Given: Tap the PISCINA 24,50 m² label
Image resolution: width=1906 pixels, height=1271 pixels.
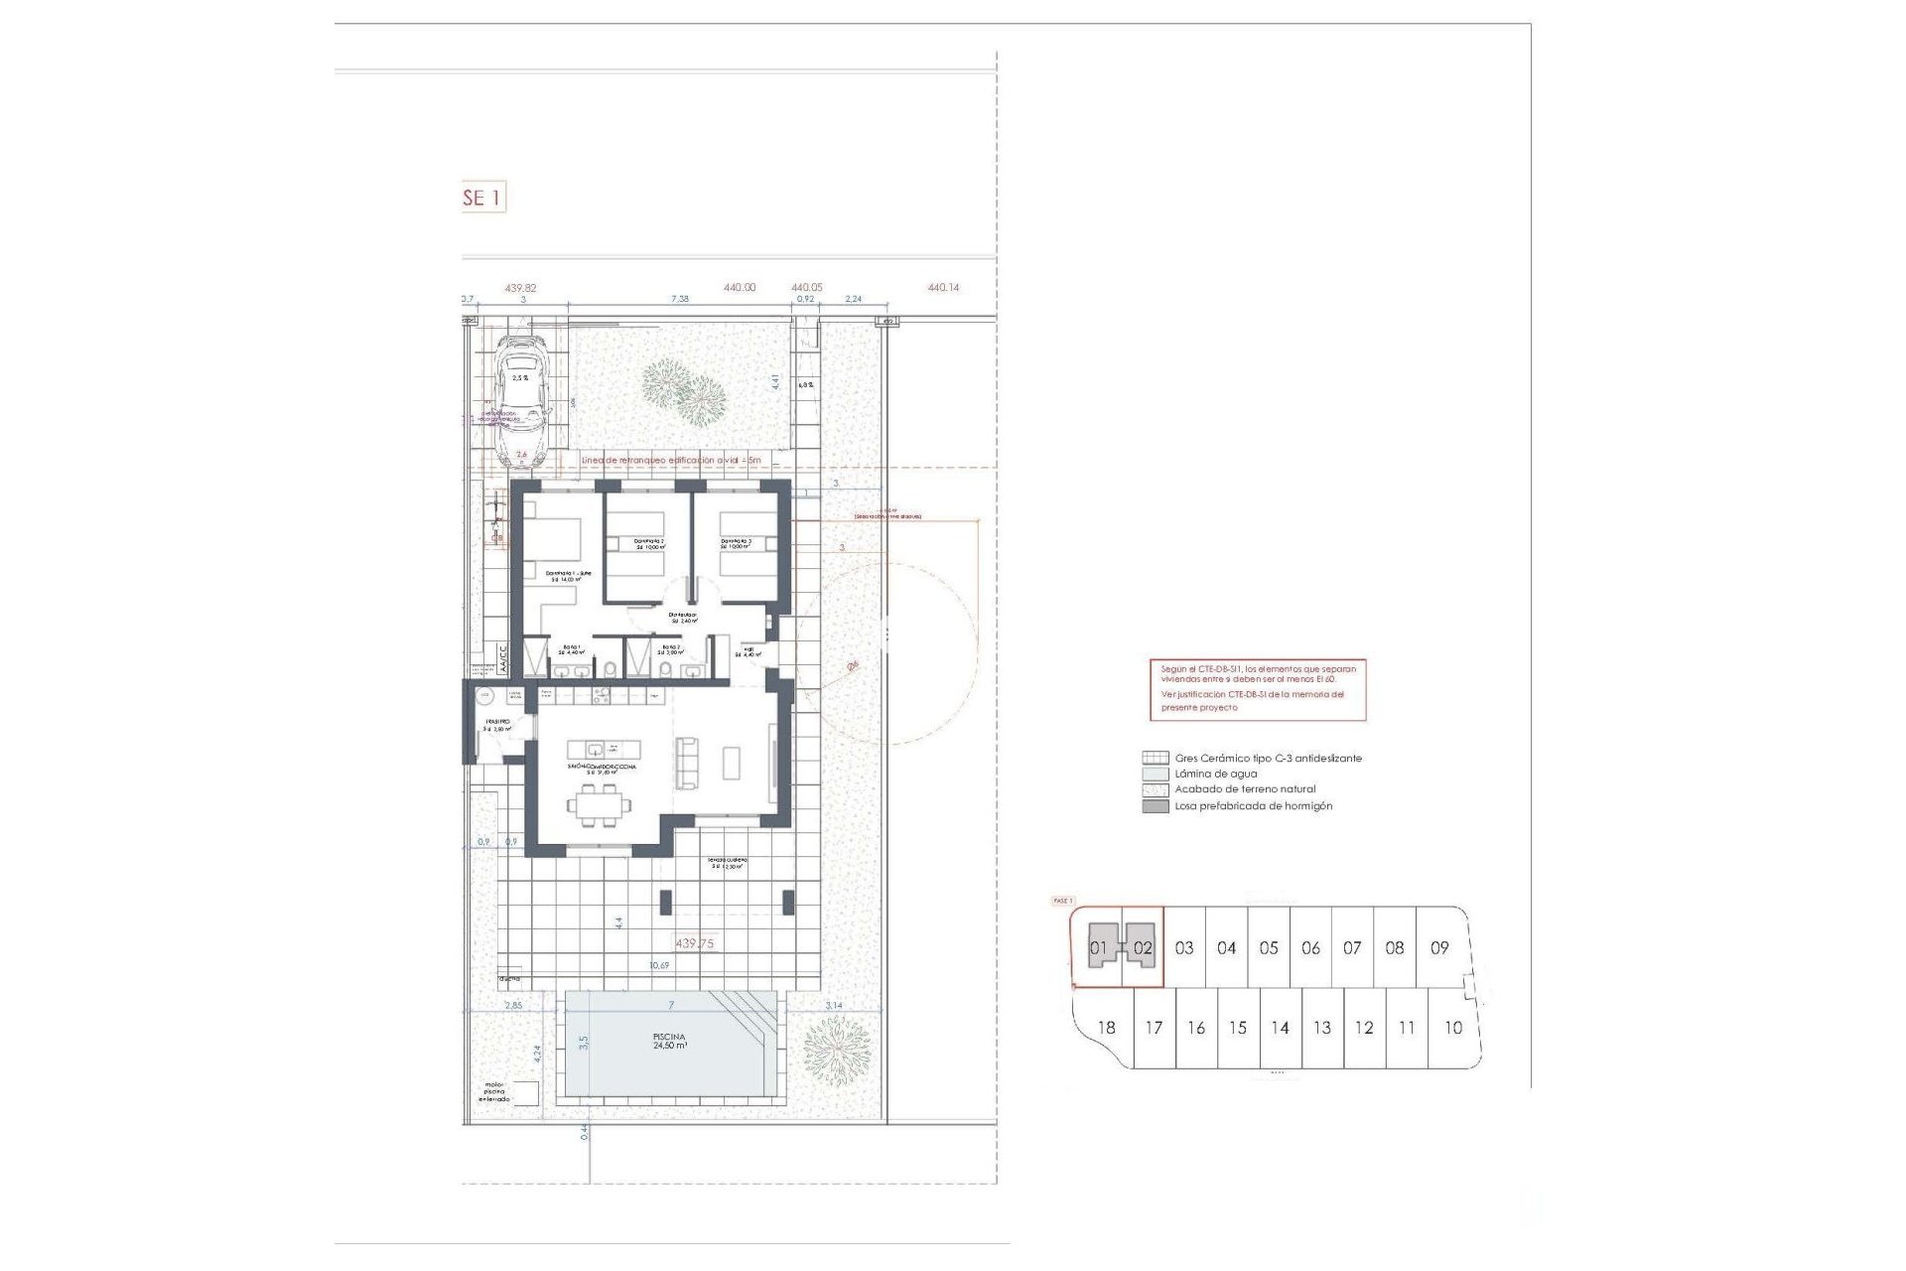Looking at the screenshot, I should tap(670, 1041).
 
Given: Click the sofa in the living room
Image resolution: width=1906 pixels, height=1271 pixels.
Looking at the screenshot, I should tap(686, 763).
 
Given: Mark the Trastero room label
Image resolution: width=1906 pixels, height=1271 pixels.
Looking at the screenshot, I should tap(497, 725).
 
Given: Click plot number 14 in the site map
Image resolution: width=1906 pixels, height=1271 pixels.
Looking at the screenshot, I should tap(1280, 1028).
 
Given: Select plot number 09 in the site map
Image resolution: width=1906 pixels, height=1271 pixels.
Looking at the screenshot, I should tap(1439, 947).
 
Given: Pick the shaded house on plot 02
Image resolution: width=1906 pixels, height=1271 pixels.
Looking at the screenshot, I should tap(1140, 945).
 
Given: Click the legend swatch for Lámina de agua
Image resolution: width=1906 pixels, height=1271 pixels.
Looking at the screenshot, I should tap(1155, 774).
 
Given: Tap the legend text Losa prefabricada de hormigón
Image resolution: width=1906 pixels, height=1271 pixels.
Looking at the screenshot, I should tap(1253, 806).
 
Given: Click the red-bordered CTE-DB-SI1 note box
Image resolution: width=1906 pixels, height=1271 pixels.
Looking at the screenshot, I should tap(1258, 688).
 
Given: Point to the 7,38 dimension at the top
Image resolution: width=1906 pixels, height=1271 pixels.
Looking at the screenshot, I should tap(679, 298).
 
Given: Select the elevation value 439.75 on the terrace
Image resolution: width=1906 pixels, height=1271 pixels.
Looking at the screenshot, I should tap(694, 943).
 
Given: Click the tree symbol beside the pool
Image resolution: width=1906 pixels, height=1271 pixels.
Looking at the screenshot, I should tap(836, 1050).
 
